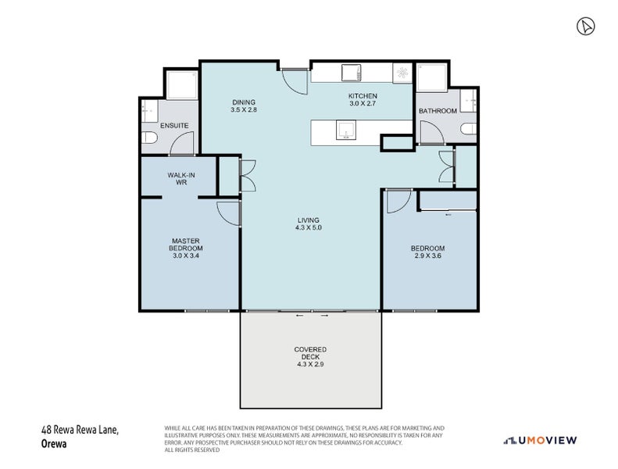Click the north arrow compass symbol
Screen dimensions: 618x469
(586, 27)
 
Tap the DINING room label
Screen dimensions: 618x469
(244, 102)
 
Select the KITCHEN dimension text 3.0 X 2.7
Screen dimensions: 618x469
(363, 104)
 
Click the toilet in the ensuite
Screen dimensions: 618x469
(149, 138)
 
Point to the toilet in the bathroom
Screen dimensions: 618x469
(469, 129)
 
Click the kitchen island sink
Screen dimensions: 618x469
(345, 131)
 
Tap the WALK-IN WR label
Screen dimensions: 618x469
(181, 179)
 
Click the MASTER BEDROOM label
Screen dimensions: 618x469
(186, 245)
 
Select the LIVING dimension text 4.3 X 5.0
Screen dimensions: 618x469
(309, 227)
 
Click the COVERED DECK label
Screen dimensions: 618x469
(311, 353)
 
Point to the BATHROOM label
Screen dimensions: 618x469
(438, 111)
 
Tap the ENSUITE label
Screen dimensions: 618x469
(174, 125)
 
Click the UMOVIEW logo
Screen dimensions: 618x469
(540, 440)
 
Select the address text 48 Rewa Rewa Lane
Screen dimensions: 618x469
(80, 430)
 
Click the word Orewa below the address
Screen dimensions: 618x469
(54, 444)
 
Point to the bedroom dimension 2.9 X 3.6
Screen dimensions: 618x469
(427, 256)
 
